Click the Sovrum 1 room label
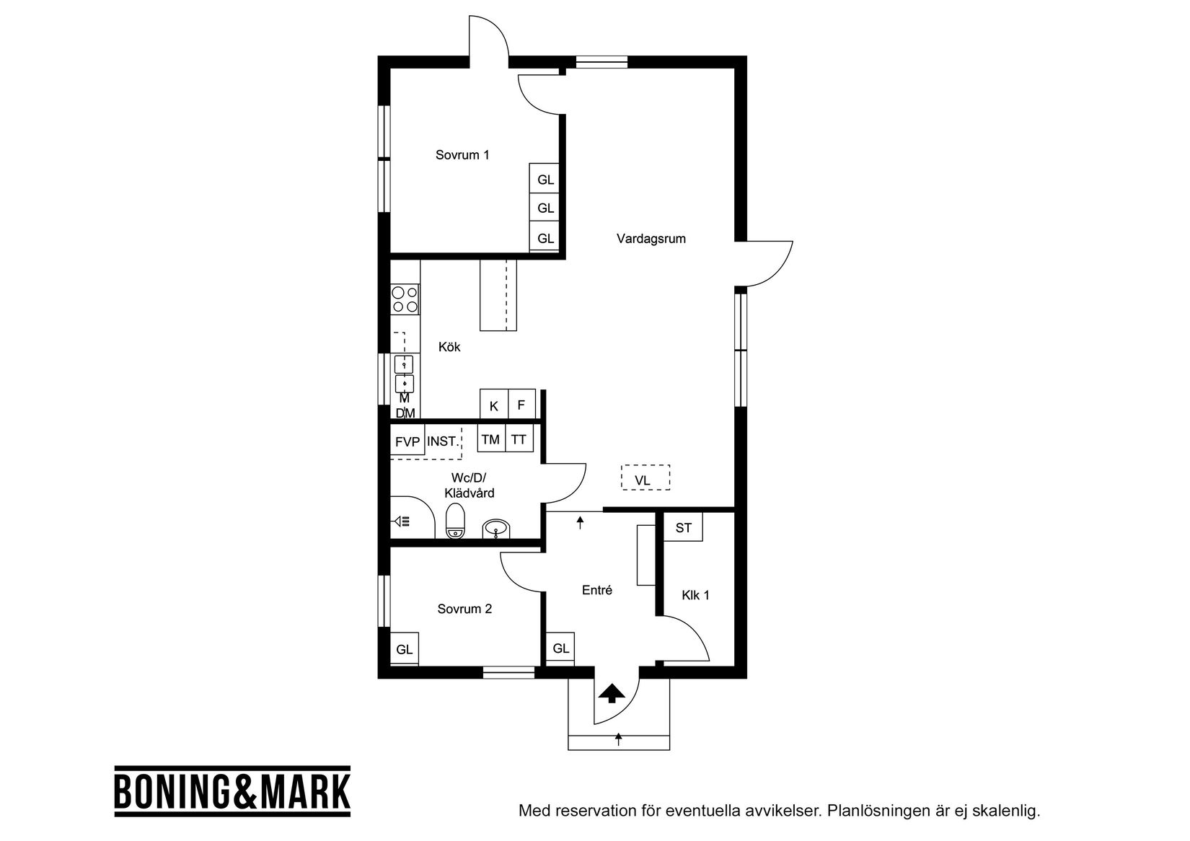tap(462, 155)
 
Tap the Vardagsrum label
tap(651, 239)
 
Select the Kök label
tap(449, 347)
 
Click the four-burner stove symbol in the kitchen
tap(405, 299)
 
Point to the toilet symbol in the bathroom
tap(455, 521)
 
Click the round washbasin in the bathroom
tap(495, 530)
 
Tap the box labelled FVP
tap(407, 441)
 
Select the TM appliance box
tap(490, 439)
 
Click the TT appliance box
tap(519, 439)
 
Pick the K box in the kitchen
tap(494, 405)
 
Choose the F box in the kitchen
tap(521, 405)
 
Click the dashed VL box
tap(645, 478)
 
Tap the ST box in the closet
tap(683, 528)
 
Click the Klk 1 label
tap(695, 595)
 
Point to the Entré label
tap(596, 590)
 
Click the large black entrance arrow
tap(612, 693)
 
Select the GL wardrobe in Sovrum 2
tap(405, 648)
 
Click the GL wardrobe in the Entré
tap(561, 648)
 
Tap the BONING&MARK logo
tap(232, 791)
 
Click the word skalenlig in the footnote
tap(1006, 811)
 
